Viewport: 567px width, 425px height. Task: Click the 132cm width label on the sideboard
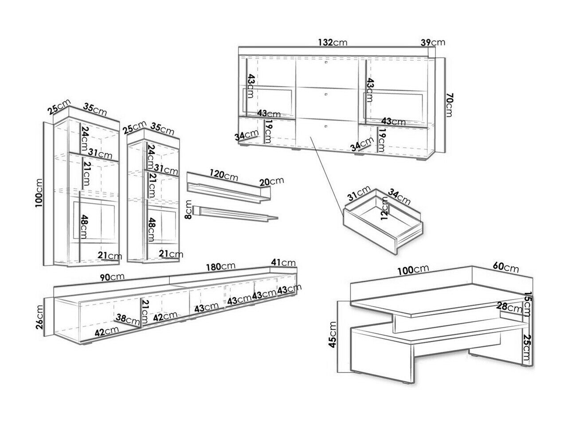tap(332, 43)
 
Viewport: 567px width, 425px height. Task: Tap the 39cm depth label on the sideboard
tap(432, 43)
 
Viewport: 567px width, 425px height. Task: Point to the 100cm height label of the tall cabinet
tap(40, 193)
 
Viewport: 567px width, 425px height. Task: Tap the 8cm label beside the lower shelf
tap(189, 210)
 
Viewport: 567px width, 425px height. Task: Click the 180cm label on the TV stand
tap(221, 266)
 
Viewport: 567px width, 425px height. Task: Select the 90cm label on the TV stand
tap(111, 277)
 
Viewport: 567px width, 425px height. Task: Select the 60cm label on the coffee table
tap(505, 268)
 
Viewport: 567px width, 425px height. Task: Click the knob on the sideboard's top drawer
tap(326, 62)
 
